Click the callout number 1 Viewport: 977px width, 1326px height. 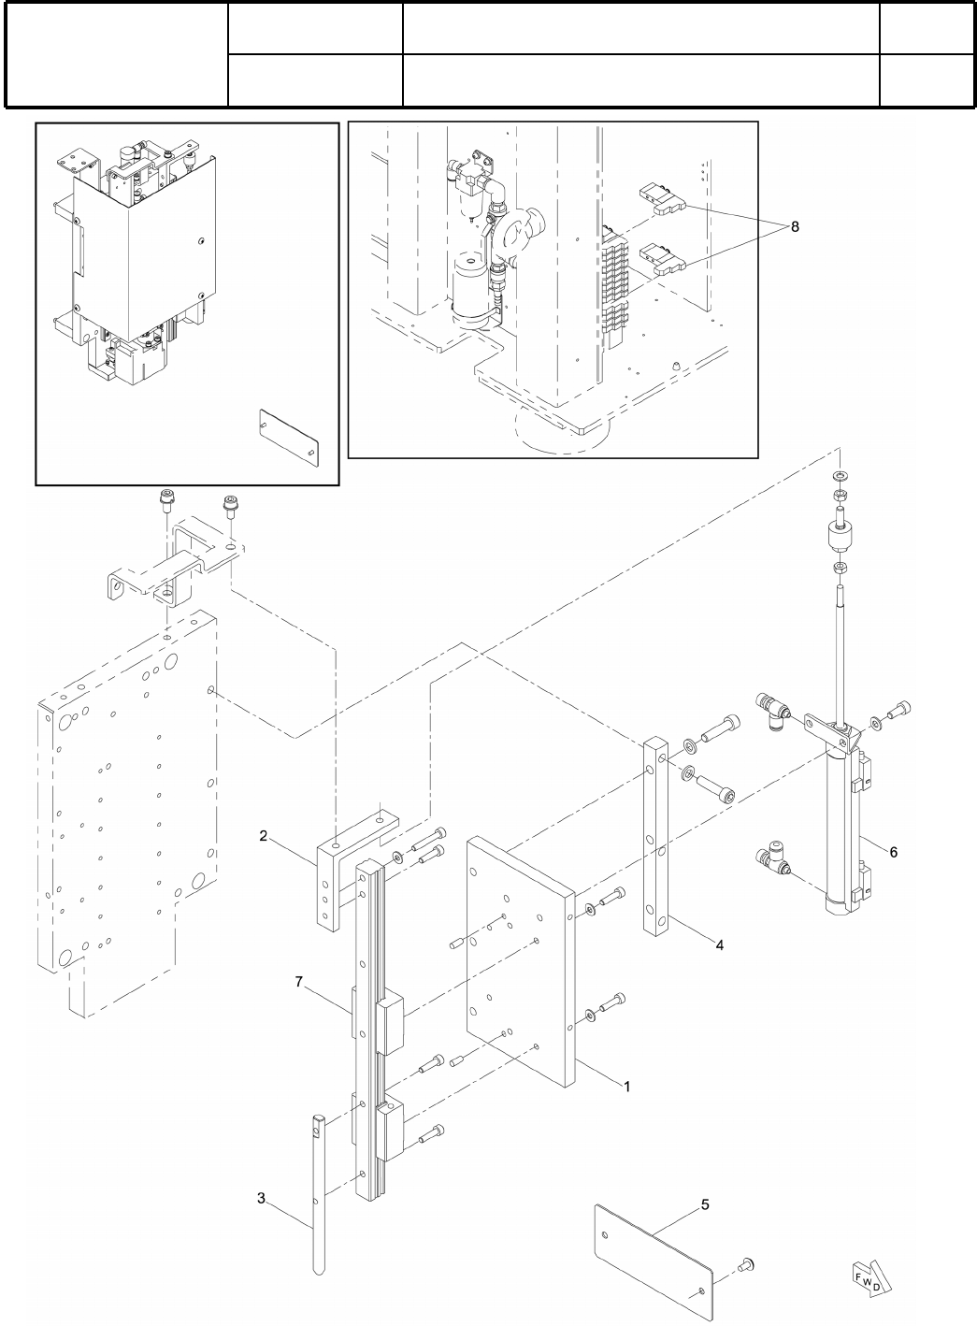coord(627,1087)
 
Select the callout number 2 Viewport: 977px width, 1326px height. coord(265,835)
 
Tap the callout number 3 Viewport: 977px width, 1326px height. coord(262,1197)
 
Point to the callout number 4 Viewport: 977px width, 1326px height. coord(719,945)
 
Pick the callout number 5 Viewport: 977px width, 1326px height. coord(705,1204)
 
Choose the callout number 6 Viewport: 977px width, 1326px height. coord(893,852)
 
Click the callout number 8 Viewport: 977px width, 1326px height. coord(795,226)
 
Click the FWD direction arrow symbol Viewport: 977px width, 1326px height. coord(867,1279)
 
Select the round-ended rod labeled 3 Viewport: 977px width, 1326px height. coord(319,1188)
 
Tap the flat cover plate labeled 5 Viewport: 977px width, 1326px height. coord(654,1253)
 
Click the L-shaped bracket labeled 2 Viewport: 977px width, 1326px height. coord(338,879)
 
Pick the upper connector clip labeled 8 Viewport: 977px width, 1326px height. coord(662,200)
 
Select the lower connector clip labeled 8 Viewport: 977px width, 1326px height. coord(662,259)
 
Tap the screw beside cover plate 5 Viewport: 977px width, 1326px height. coord(747,1267)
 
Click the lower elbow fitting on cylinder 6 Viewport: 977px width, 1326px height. coord(772,856)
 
